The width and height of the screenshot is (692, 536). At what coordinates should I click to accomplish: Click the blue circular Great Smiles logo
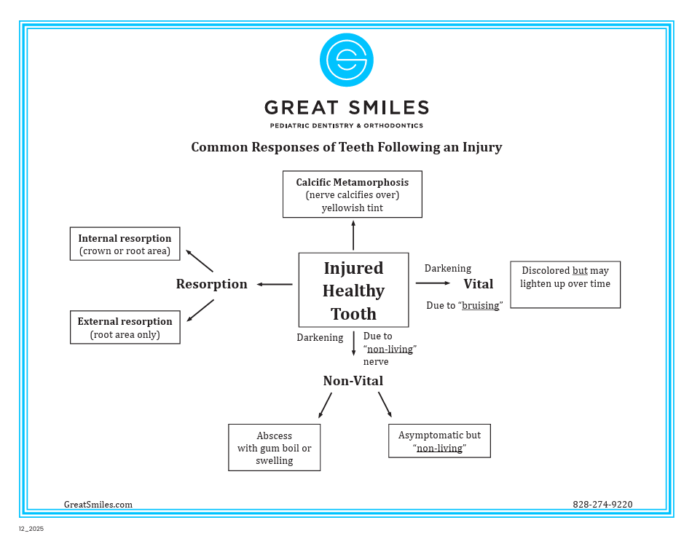pos(346,60)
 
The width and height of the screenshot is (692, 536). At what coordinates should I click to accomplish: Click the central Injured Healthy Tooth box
pos(353,290)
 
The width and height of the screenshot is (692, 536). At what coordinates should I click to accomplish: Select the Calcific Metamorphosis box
pos(352,194)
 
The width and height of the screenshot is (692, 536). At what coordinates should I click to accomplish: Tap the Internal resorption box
pos(125,244)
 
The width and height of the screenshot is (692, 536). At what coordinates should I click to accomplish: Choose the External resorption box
pos(125,328)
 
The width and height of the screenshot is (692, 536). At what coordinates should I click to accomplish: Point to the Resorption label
pos(211,284)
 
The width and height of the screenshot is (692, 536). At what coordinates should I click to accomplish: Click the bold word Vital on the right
pos(478,284)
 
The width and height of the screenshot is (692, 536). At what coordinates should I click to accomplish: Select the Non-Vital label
pos(353,381)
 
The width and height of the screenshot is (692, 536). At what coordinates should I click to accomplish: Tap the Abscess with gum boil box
pos(274,447)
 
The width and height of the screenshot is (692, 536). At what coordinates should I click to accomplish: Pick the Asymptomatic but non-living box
pos(439,441)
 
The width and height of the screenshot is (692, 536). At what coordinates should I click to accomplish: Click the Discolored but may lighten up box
pos(565,284)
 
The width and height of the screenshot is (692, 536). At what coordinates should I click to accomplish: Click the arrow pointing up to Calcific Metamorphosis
pos(353,236)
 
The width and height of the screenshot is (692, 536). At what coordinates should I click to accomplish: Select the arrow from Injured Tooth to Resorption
pos(275,284)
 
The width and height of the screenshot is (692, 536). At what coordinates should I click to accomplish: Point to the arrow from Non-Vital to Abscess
pos(325,406)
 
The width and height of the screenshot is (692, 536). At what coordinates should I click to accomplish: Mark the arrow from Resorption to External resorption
pos(200,310)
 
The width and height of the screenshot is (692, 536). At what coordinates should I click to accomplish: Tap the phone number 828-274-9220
pos(602,504)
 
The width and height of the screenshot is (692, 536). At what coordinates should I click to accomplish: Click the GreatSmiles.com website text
pos(98,504)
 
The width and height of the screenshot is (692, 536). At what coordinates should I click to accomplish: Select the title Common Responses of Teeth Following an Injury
pos(346,147)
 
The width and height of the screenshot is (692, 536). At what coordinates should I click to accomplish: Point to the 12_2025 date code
pos(31,529)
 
